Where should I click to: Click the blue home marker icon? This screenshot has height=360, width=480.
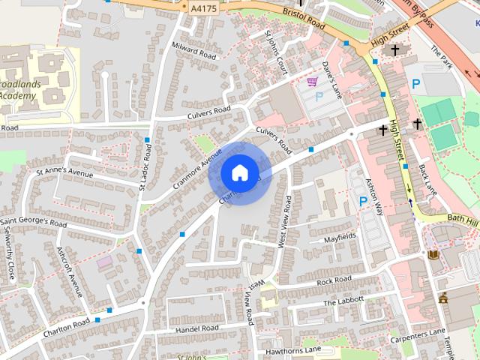tap(239, 173)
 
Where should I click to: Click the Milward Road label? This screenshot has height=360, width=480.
tap(193, 51)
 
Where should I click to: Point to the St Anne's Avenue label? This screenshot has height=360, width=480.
tap(64, 173)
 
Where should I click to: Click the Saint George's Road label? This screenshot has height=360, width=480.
tap(34, 223)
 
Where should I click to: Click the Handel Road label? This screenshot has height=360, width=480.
tap(196, 328)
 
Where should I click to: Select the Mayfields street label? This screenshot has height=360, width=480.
tap(340, 237)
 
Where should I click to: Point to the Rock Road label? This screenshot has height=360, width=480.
tap(334, 280)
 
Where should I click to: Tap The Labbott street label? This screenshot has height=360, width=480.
tap(343, 301)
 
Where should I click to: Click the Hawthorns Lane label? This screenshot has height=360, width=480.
tap(292, 350)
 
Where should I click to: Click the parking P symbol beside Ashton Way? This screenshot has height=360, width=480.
tap(364, 201)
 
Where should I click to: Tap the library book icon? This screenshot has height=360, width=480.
tap(433, 255)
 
